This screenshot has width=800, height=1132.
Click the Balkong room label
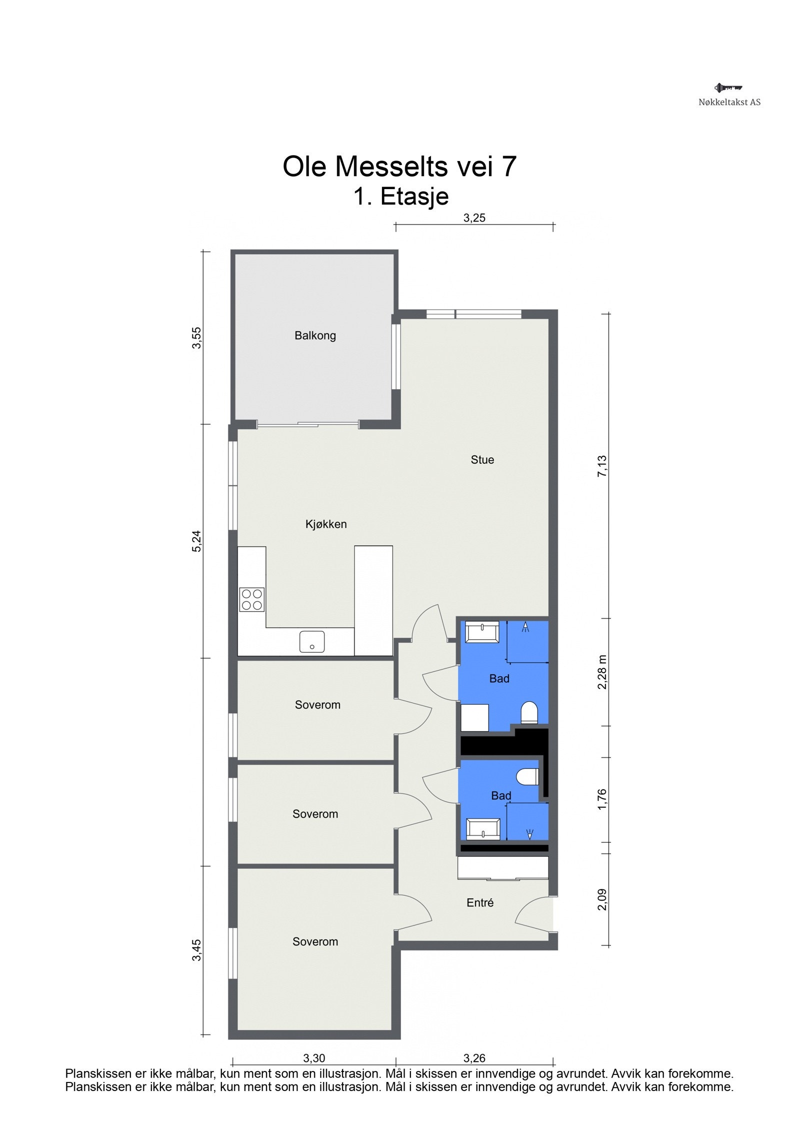315,335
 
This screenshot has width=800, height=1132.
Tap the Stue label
482,460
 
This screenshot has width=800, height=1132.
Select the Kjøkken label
326,524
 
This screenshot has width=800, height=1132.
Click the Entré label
479,902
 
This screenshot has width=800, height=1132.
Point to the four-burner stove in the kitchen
252,600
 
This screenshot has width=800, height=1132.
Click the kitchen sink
312,642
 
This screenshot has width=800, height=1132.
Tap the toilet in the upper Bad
529,713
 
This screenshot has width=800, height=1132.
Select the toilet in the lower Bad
527,777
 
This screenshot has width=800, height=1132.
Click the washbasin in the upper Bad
481,632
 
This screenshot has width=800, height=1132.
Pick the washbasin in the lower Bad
483,829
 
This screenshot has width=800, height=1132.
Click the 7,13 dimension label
602,466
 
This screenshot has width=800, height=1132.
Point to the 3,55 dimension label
197,338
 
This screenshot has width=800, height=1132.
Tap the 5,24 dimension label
197,541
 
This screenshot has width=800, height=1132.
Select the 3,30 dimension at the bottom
314,1058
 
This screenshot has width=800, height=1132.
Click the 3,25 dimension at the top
474,218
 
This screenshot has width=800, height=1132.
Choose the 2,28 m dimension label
602,672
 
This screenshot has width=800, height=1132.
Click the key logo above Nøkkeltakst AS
728,88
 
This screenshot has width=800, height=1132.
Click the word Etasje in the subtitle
414,197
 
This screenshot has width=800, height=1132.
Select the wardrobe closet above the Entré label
503,868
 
